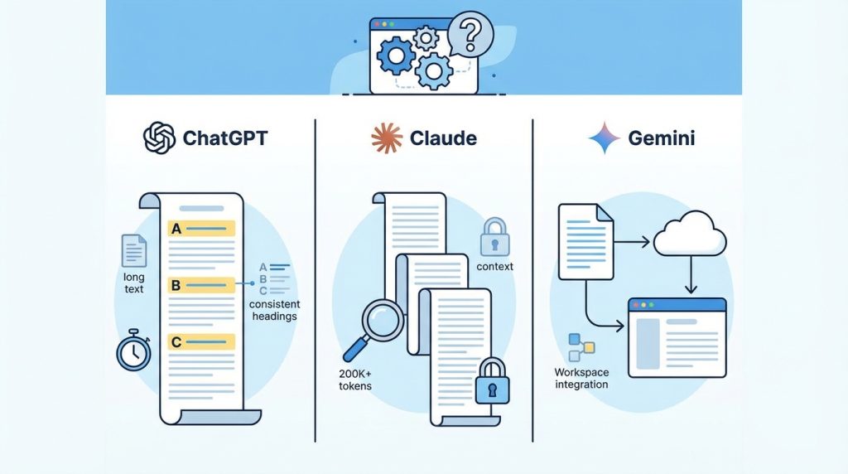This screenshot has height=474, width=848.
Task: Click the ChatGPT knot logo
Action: [x=159, y=138]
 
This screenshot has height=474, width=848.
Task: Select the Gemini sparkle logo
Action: [x=605, y=138]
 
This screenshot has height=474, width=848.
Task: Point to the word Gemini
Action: [x=662, y=138]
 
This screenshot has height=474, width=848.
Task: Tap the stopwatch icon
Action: [x=132, y=350]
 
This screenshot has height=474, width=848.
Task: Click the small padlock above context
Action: [x=494, y=238]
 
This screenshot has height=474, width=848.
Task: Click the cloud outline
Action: [x=689, y=237]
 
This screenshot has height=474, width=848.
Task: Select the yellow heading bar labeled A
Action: [x=201, y=230]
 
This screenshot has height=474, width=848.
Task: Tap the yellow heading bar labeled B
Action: [x=201, y=285]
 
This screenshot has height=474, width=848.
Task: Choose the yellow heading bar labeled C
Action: [x=201, y=341]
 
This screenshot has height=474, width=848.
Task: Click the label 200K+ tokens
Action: [x=356, y=380]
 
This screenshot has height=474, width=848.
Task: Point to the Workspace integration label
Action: [x=581, y=378]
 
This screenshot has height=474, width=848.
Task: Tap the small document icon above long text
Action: [x=133, y=250]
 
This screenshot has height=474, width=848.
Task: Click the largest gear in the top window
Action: [x=394, y=56]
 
